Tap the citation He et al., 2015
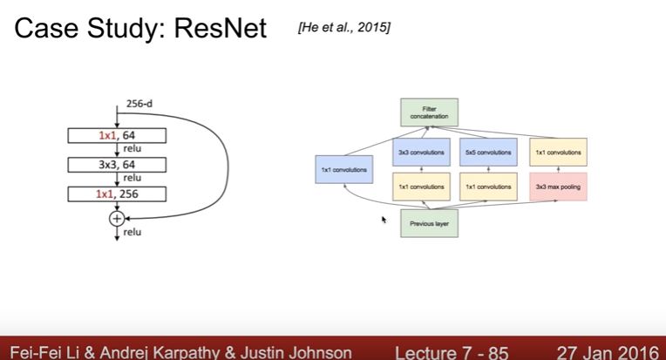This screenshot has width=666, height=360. point(343,29)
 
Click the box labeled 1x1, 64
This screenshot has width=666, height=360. point(117,135)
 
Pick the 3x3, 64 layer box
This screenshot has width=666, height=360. point(117,165)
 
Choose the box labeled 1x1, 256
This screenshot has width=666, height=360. point(117,194)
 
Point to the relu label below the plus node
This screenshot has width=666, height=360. point(133,232)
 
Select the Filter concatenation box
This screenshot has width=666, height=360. point(429,112)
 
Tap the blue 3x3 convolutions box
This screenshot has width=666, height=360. point(421,152)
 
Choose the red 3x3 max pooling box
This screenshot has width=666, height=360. point(558,187)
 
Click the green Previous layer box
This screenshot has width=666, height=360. point(429,223)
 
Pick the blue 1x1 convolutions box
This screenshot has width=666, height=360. point(343,169)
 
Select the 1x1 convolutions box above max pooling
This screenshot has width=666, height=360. point(558,152)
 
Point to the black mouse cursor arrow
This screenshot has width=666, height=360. point(384,220)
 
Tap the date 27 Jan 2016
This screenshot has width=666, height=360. point(607,352)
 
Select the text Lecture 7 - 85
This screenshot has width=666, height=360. point(451,352)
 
